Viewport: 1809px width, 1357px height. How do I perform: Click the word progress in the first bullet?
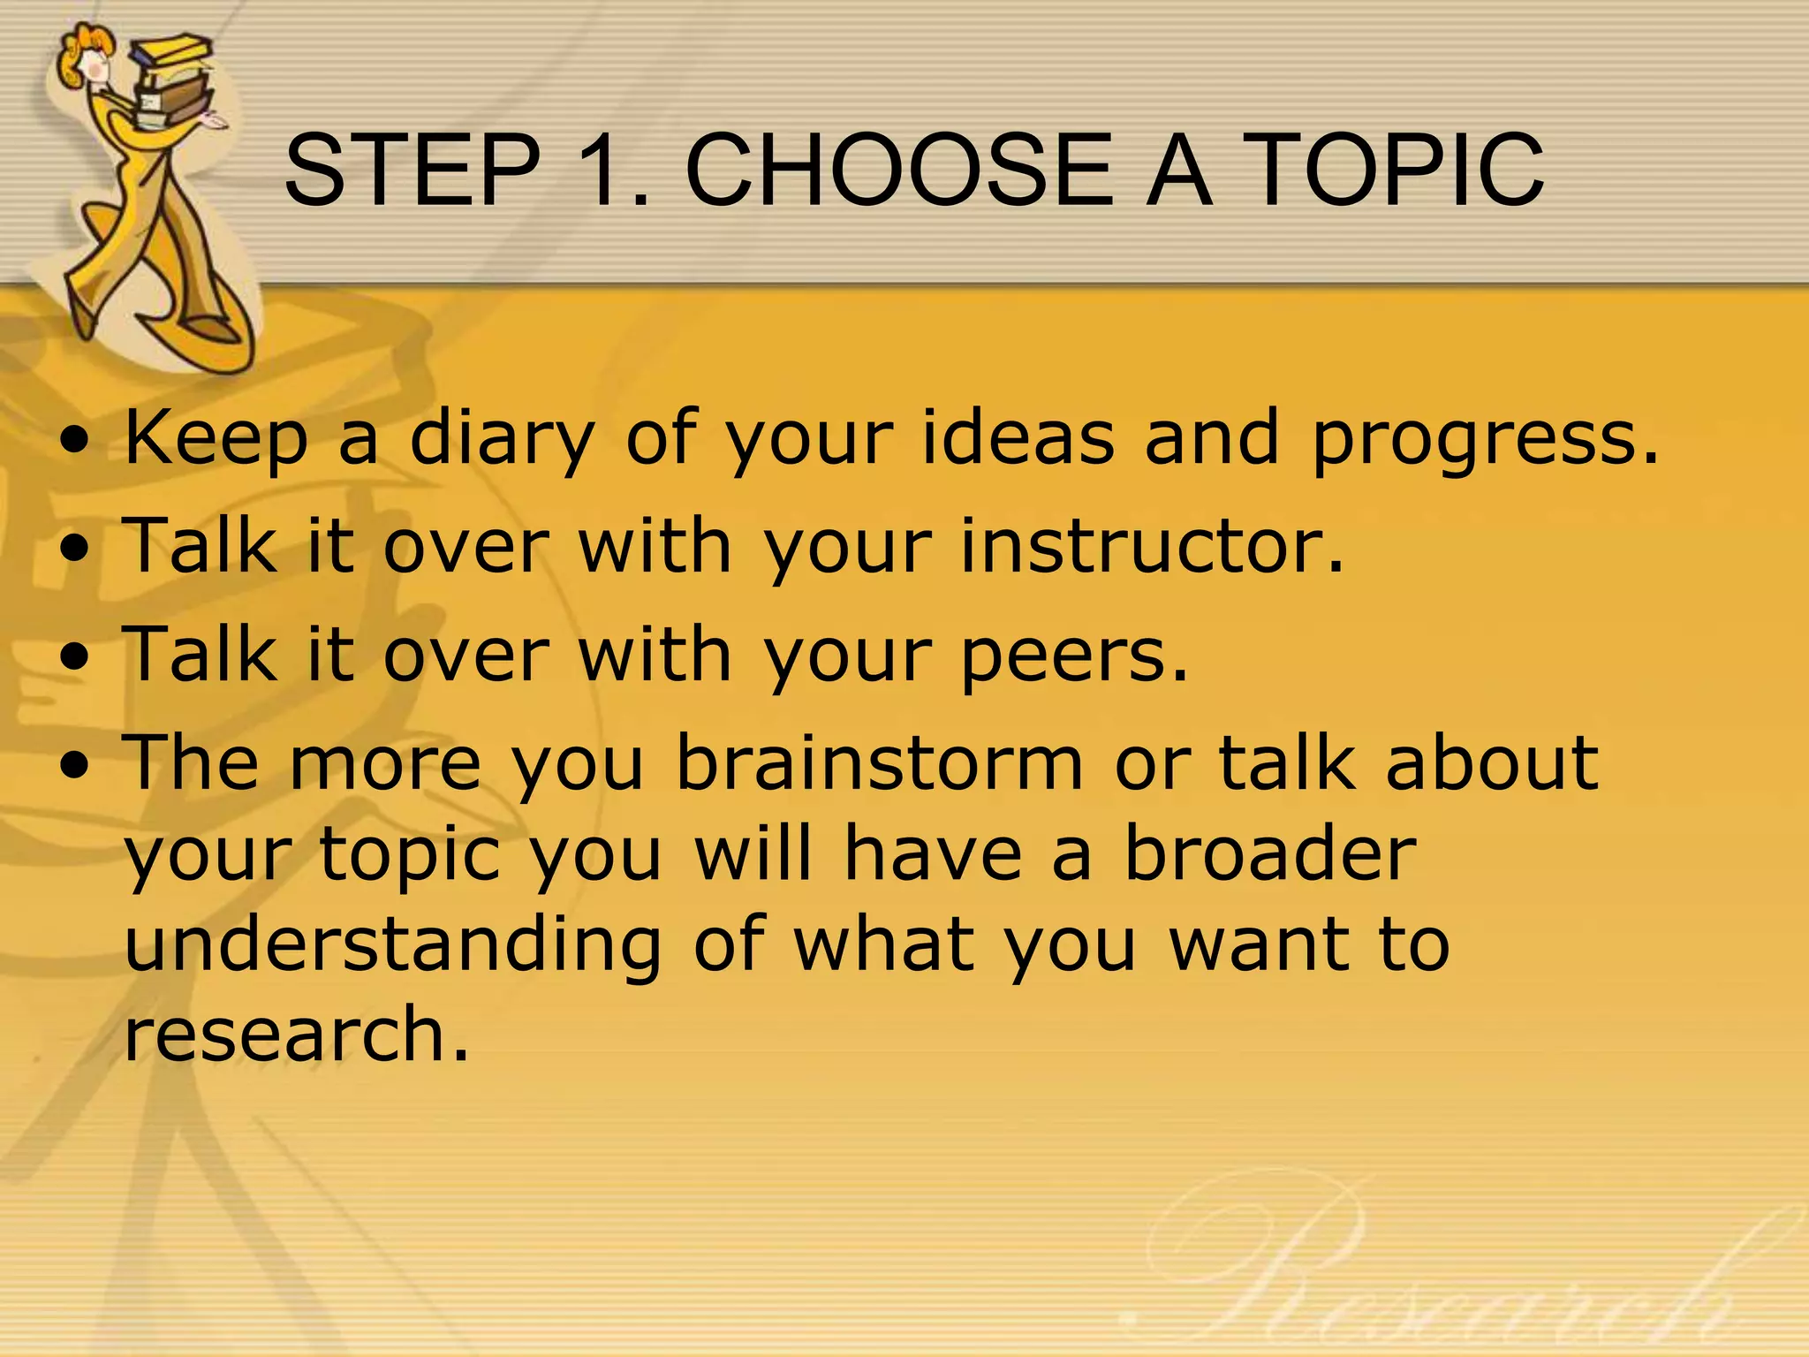click(1484, 439)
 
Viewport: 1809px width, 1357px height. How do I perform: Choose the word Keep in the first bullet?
click(216, 439)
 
